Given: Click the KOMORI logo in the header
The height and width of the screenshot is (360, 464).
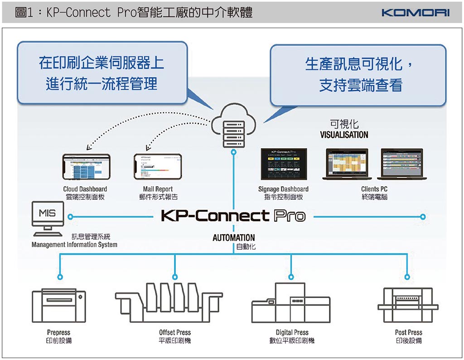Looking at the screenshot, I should pos(416,13).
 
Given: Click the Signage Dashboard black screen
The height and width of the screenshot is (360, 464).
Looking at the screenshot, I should pos(283,164).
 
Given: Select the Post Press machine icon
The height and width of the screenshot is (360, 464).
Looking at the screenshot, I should pos(408,302).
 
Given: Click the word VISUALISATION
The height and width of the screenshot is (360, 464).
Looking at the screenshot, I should pos(344,134).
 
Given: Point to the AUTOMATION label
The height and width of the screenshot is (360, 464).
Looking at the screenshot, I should pos(233,237).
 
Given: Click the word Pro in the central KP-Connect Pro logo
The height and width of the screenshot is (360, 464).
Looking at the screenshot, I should pos(290,216).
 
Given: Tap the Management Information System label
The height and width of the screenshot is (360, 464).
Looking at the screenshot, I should pos(74,245).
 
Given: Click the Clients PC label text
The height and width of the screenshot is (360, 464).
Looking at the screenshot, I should pos(374,189).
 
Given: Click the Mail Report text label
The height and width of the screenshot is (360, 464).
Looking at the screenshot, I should pos(158,189).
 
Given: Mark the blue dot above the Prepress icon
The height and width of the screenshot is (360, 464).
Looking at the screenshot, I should pos(60,276).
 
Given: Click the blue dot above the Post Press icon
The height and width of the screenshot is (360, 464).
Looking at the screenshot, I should pos(407,276).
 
